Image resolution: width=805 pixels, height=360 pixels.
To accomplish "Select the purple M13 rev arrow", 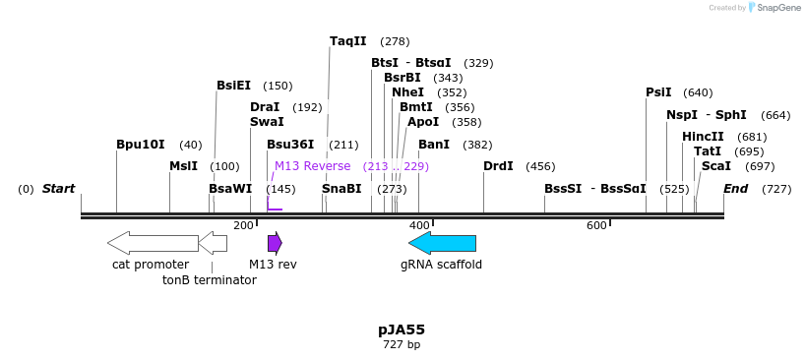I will tap(275, 243).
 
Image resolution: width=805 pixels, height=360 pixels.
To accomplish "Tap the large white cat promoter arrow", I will tap(153, 243).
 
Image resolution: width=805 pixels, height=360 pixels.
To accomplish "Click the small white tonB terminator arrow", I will tap(213, 243).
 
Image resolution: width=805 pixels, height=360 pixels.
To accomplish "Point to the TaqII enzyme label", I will tap(347, 41).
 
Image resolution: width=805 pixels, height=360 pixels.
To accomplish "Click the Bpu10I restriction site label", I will tap(140, 145).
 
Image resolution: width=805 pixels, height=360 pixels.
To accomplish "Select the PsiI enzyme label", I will tap(658, 92).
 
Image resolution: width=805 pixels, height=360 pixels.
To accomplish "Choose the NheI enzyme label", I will tap(407, 92).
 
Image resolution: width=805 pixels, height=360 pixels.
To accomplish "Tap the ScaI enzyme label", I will tap(715, 166).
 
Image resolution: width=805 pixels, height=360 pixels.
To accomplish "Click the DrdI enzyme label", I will tap(498, 166).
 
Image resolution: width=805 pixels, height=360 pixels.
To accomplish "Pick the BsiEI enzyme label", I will tap(233, 86).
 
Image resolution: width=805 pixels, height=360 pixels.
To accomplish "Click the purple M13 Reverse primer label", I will tap(312, 166).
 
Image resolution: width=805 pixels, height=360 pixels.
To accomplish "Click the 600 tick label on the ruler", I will tap(596, 226).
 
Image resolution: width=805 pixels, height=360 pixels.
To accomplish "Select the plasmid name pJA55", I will tap(402, 330).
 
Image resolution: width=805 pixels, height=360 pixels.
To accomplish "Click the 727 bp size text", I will tap(402, 345).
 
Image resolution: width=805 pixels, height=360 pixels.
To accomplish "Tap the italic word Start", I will tap(58, 189).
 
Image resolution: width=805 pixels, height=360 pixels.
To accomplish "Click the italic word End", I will tap(735, 189).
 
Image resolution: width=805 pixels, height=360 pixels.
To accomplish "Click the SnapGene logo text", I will tap(778, 8).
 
